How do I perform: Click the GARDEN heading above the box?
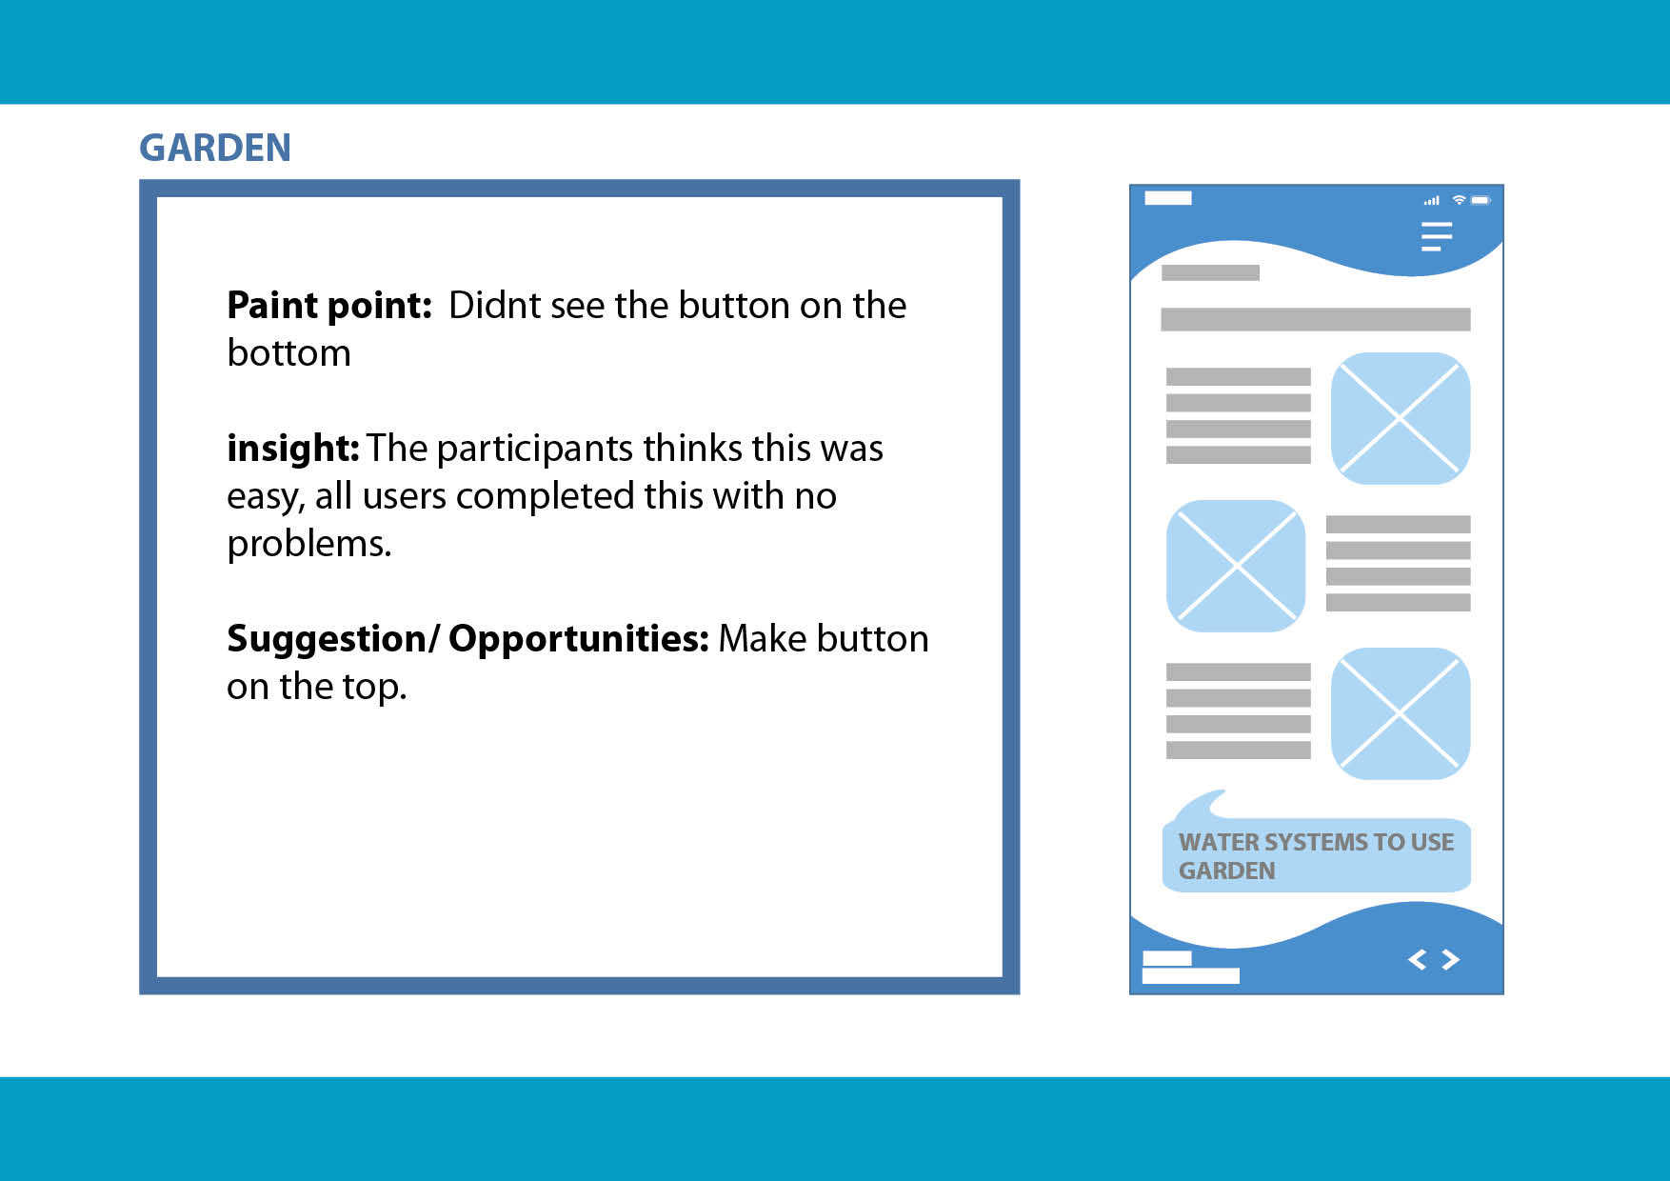click(x=215, y=148)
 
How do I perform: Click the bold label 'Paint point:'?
click(x=329, y=306)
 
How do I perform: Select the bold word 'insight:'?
click(x=293, y=448)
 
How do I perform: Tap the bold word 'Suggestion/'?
click(x=332, y=639)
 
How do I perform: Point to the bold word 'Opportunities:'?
click(x=579, y=639)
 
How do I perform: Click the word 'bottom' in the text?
click(x=288, y=353)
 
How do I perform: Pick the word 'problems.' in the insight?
click(x=308, y=544)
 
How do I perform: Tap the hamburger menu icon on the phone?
click(x=1437, y=236)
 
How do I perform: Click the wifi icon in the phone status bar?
click(x=1459, y=200)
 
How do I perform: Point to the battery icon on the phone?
click(x=1481, y=200)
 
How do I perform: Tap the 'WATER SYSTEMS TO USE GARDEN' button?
click(x=1317, y=854)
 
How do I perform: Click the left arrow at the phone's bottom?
click(x=1417, y=959)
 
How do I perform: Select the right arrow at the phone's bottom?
click(x=1450, y=959)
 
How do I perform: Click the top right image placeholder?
click(x=1400, y=418)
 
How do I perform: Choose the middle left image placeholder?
click(x=1236, y=566)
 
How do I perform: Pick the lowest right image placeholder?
click(x=1400, y=713)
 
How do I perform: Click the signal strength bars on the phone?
click(x=1431, y=201)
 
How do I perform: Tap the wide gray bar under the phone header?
click(x=1315, y=319)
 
